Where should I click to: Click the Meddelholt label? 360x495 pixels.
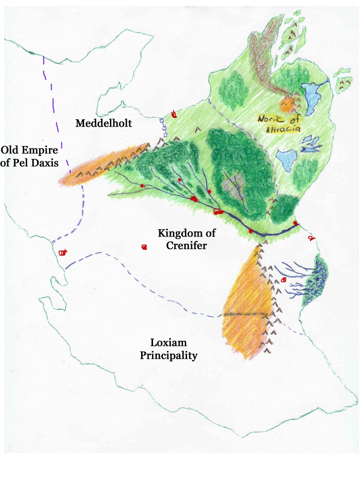103,123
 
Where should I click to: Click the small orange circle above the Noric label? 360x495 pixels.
286,105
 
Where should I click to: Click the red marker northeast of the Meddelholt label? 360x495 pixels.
174,115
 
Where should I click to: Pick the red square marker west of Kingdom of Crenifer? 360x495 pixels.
144,247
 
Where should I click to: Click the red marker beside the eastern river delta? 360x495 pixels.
283,280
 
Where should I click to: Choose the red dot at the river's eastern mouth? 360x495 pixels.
296,224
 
